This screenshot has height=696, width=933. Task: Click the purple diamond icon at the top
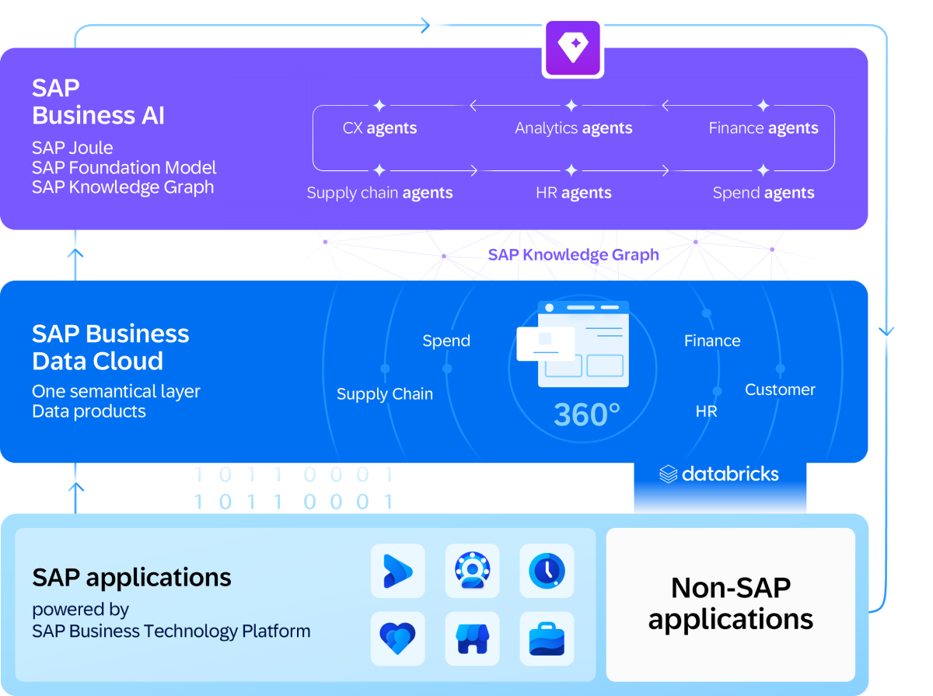572,48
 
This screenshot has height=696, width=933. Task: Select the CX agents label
379,128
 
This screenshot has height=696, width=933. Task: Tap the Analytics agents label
573,128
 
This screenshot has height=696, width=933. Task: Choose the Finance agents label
763,128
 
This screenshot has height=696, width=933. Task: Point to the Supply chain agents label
379,193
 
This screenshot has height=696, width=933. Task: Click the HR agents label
573,193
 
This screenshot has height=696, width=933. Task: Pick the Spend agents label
763,193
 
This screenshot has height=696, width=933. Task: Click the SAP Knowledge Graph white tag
573,254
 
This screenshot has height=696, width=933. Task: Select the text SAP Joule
72,148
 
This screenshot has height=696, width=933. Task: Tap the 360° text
586,415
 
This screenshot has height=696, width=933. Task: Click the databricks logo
719,474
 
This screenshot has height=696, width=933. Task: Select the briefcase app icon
547,638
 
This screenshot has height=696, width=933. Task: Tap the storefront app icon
472,638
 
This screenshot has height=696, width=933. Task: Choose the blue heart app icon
398,638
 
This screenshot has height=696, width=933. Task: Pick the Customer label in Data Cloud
780,390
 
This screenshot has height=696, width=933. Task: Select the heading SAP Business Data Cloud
110,347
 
